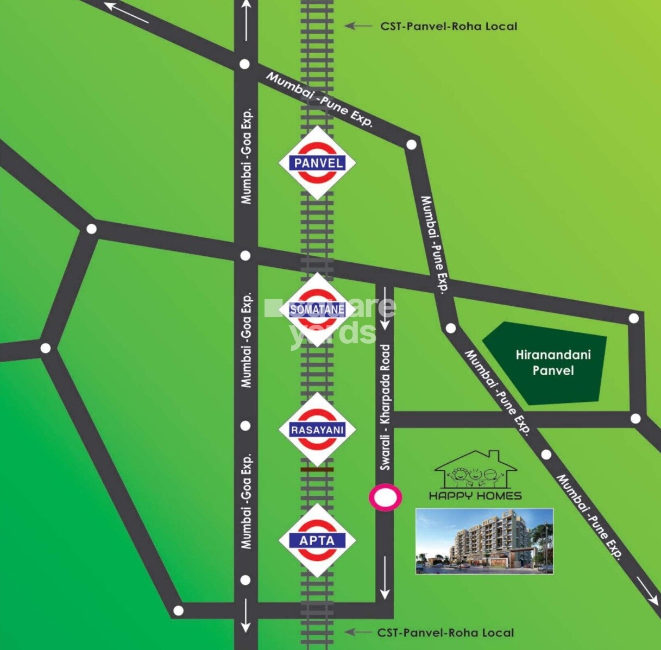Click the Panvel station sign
(318, 163)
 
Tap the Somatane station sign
(318, 310)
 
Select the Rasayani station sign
(318, 430)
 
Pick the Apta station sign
(318, 540)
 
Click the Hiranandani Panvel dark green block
(546, 363)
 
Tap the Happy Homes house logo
(476, 470)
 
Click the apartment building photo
(484, 541)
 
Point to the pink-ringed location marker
(386, 497)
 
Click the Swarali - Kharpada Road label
(386, 407)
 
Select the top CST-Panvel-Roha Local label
(448, 26)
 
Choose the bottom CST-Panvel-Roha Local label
(445, 633)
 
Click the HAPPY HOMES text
(475, 495)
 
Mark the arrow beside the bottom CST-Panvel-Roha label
(358, 632)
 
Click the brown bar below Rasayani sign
(317, 468)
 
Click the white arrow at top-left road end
(126, 13)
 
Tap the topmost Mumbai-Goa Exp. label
(247, 156)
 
